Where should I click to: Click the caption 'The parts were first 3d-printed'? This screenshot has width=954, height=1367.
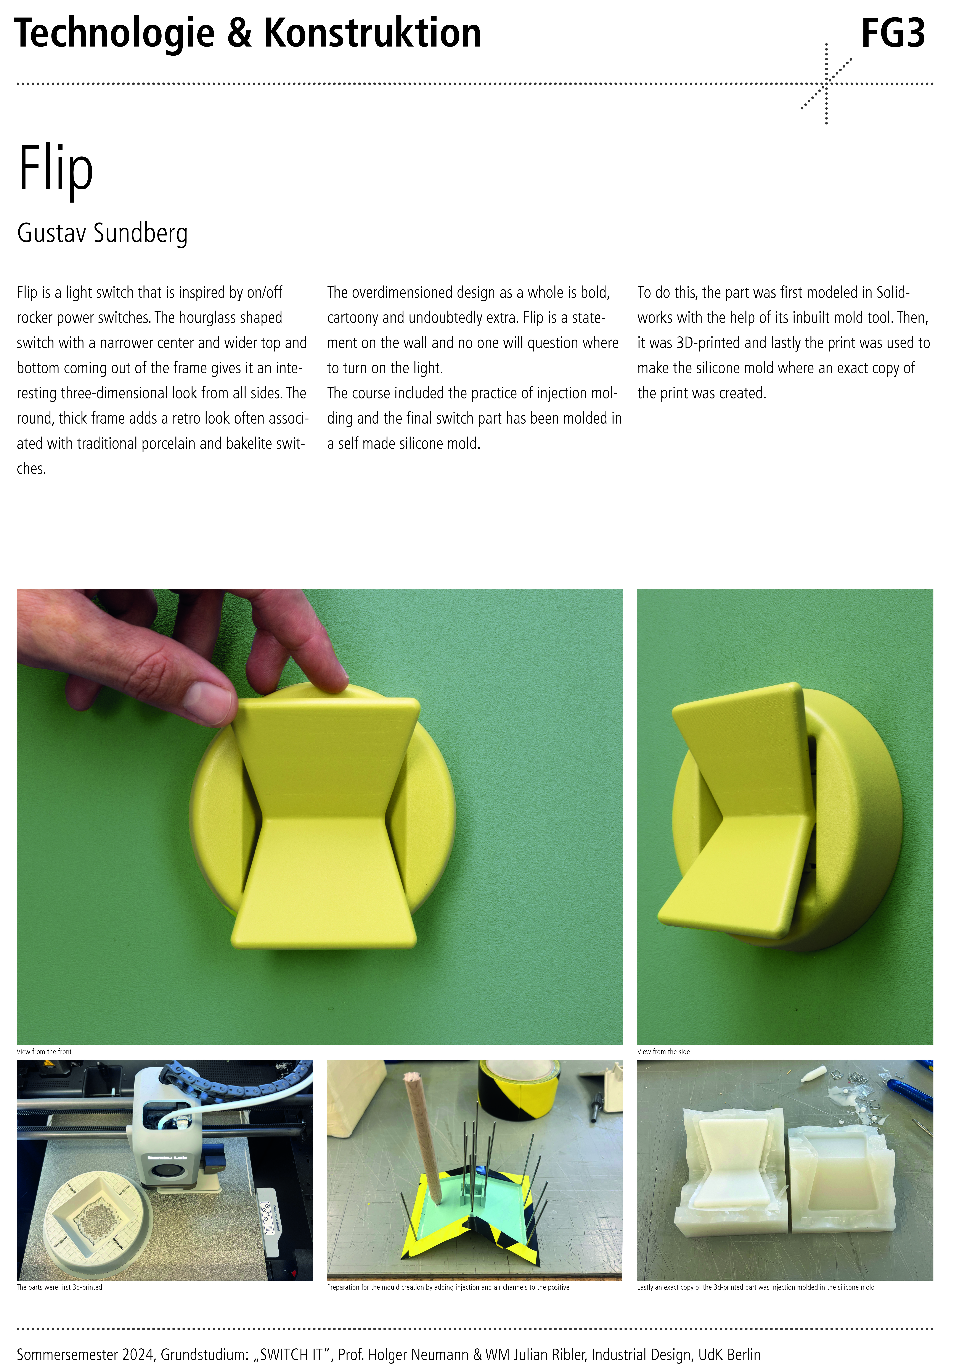[x=59, y=1287]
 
